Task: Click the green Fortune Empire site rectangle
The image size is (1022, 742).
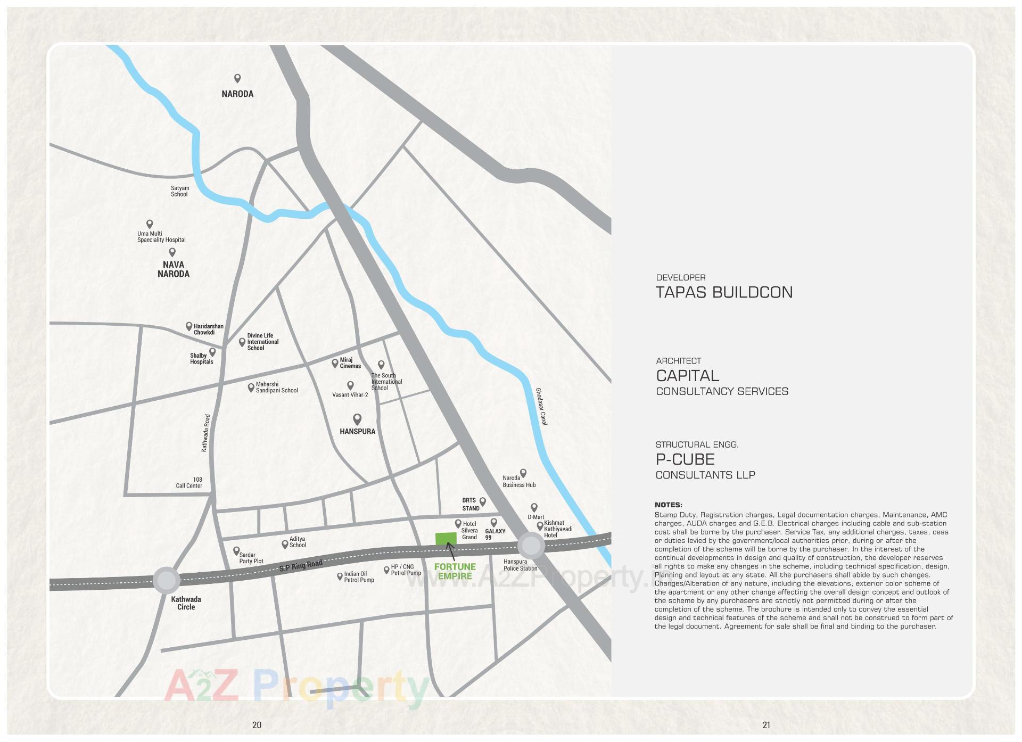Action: (446, 538)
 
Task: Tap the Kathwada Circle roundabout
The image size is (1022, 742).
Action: (167, 580)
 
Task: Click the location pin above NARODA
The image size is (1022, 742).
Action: (237, 78)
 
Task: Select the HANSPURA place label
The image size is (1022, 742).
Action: (357, 431)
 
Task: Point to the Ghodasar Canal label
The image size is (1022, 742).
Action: (541, 406)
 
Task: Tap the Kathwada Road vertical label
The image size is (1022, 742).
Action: (206, 433)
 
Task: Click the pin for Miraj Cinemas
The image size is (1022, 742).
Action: (335, 363)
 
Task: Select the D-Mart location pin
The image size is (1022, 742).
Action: (534, 507)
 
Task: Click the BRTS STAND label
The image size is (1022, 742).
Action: (470, 504)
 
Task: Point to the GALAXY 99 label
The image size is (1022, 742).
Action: (495, 534)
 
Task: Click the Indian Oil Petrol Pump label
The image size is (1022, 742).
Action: (359, 577)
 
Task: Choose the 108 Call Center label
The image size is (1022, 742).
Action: (189, 483)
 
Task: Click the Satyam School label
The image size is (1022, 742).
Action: (179, 191)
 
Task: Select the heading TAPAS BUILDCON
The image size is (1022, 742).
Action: (724, 292)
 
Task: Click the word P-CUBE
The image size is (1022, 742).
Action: (685, 459)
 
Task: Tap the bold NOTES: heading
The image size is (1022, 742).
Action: (668, 505)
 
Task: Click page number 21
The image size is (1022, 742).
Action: (766, 724)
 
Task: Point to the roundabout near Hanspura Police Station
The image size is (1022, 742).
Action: (531, 545)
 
